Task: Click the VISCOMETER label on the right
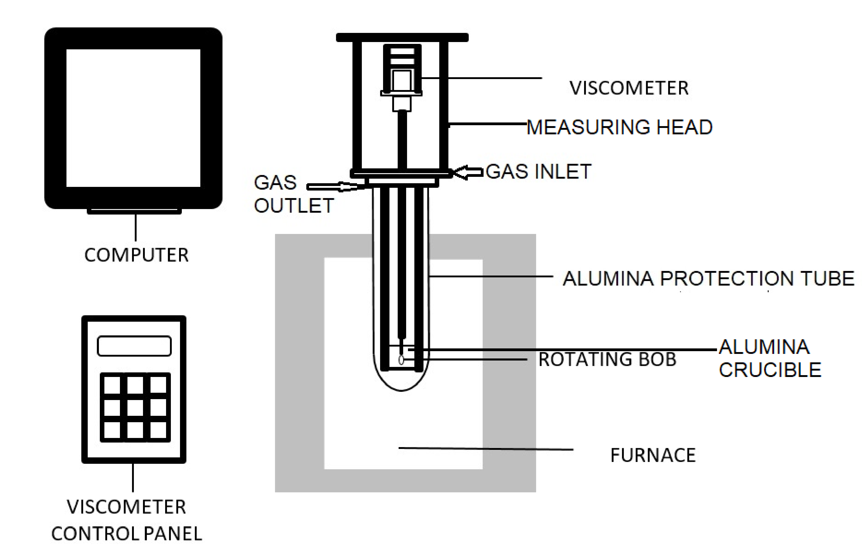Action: point(629,88)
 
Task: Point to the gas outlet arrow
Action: point(332,186)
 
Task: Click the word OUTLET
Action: point(294,206)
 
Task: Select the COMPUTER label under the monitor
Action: point(136,255)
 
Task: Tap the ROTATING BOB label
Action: point(607,359)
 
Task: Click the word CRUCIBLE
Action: point(770,370)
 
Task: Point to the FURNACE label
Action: point(653,455)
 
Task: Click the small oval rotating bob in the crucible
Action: point(401,360)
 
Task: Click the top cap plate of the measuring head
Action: point(402,37)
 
